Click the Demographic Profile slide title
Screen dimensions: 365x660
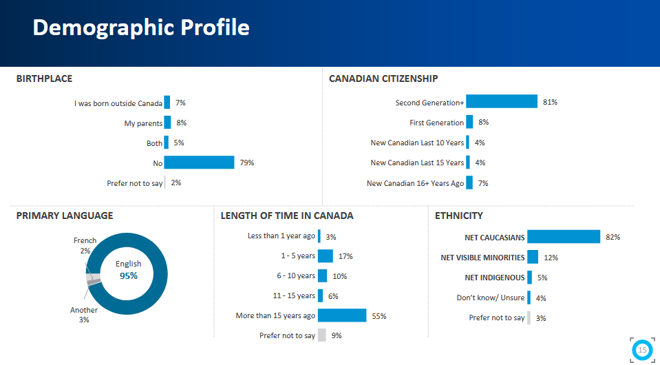(140, 28)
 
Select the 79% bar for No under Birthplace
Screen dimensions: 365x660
(199, 163)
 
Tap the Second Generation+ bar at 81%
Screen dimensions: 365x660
(502, 102)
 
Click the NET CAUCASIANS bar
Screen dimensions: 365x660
(564, 237)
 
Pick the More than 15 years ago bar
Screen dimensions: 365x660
(342, 315)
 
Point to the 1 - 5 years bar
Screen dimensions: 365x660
(326, 256)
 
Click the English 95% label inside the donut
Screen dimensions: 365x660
(129, 270)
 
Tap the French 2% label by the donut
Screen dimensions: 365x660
(85, 245)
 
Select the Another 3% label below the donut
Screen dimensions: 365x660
(84, 315)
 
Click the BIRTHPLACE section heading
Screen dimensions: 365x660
(44, 79)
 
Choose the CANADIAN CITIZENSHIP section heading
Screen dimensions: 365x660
(383, 79)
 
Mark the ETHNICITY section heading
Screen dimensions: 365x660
(459, 216)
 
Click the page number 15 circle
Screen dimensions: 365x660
(642, 350)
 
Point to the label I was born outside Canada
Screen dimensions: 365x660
(118, 103)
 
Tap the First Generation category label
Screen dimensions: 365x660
(436, 123)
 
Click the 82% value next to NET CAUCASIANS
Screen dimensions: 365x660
(613, 237)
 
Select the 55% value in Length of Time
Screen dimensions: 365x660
(379, 316)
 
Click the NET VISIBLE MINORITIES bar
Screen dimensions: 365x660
(533, 258)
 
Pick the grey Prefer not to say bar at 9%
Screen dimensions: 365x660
(321, 335)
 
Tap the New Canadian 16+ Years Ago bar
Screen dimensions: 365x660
(469, 183)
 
